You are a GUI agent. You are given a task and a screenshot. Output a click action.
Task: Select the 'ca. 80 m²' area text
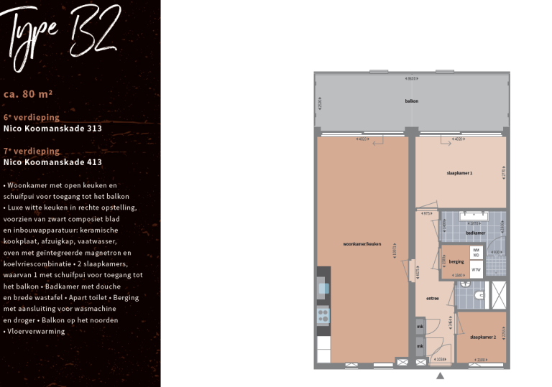tap(28, 93)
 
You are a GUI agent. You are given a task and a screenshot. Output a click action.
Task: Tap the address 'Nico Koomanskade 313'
tap(52, 129)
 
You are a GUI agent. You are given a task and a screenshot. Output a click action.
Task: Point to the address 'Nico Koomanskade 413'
tap(52, 162)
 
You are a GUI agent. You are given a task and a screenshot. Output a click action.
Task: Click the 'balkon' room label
tap(411, 101)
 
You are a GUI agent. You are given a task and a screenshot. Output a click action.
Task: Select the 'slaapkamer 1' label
tap(459, 173)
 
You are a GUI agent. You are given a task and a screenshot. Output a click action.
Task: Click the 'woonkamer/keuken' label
tap(362, 244)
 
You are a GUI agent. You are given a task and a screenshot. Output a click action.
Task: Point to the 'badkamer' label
tap(475, 233)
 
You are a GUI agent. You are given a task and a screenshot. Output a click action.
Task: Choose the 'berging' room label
tap(456, 263)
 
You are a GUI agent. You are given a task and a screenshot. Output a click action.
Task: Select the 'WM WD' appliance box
tap(475, 252)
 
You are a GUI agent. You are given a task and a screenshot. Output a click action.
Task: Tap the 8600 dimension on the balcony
tap(411, 78)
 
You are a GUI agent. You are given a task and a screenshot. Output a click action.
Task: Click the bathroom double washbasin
tap(474, 215)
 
